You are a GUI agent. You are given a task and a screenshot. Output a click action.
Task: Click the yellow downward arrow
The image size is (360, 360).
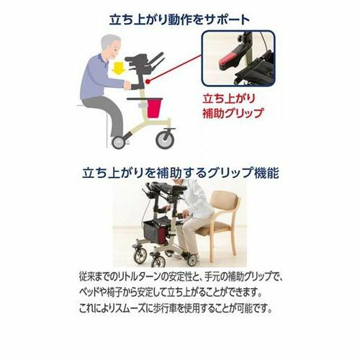pos(119,67)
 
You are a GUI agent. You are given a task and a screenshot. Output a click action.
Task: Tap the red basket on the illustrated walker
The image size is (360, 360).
pos(153,109)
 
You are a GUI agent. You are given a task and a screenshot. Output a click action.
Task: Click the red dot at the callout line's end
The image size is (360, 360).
pos(148,81)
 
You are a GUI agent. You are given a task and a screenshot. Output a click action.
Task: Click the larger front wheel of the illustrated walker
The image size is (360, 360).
pos(165,139)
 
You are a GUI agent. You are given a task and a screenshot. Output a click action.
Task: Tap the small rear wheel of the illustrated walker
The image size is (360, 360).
pos(119,142)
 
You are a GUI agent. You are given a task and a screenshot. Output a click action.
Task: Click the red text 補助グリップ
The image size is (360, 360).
pos(233,114)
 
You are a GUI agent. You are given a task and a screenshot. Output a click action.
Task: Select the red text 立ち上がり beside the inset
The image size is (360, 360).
pos(228,99)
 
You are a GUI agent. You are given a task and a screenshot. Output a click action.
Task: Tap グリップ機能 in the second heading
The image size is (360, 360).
pos(243,172)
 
